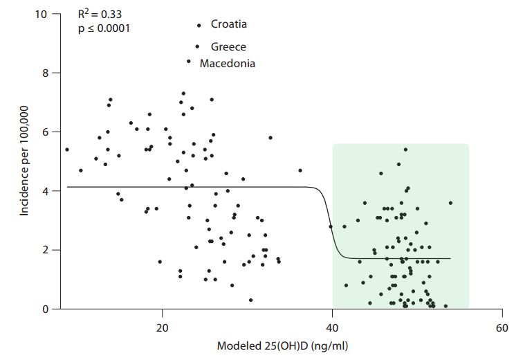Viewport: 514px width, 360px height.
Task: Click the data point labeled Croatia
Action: [199, 25]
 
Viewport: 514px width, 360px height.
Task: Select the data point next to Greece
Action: [198, 46]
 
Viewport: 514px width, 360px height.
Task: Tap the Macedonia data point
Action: [189, 61]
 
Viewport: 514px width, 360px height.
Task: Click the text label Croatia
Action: [228, 24]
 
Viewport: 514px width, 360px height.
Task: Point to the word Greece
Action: [228, 46]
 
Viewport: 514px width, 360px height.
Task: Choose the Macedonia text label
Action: [228, 63]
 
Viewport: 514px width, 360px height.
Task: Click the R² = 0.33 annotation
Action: [100, 14]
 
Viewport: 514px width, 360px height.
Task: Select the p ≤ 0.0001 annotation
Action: [104, 29]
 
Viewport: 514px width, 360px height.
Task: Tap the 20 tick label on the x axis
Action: [163, 327]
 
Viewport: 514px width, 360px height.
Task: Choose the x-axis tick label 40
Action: [332, 327]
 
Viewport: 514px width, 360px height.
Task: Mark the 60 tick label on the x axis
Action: [502, 327]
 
